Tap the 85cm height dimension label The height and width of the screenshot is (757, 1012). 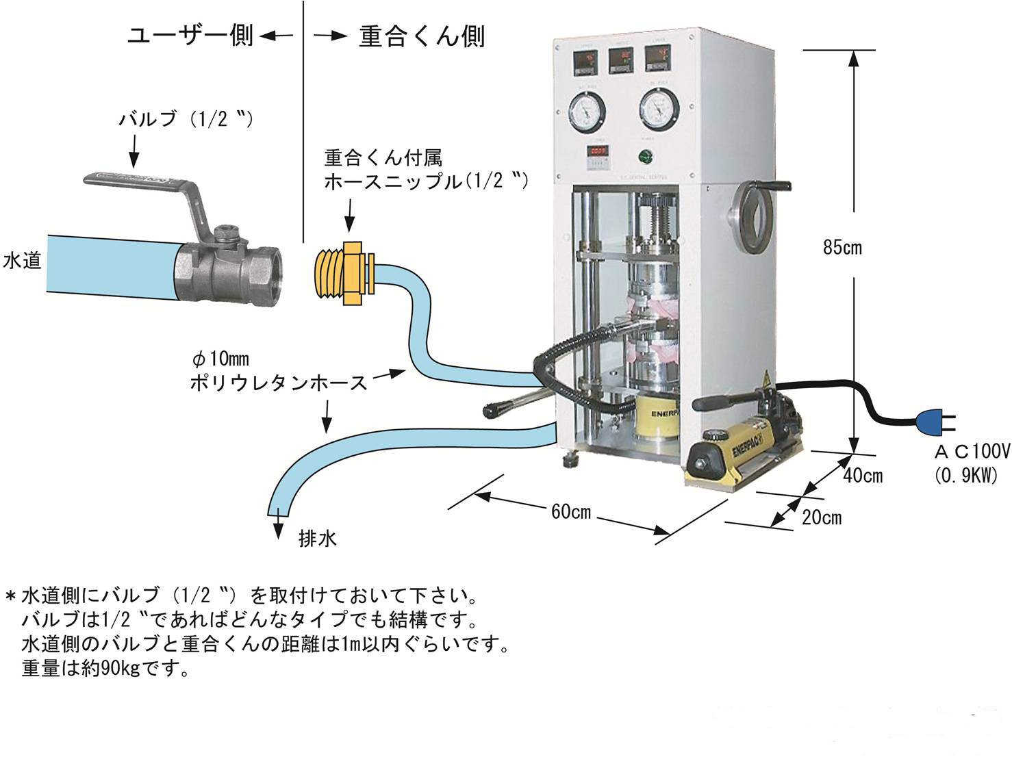click(842, 248)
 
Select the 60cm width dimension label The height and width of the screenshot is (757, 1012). click(570, 512)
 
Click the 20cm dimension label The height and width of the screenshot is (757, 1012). click(822, 517)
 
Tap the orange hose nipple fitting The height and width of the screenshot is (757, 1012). click(347, 272)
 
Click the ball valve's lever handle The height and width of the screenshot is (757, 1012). click(137, 181)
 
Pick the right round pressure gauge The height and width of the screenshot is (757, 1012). click(659, 110)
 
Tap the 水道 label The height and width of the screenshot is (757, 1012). click(23, 261)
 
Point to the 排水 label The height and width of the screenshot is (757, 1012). click(318, 539)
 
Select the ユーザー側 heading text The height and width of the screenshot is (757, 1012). click(190, 36)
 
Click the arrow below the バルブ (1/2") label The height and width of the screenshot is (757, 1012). click(134, 151)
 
